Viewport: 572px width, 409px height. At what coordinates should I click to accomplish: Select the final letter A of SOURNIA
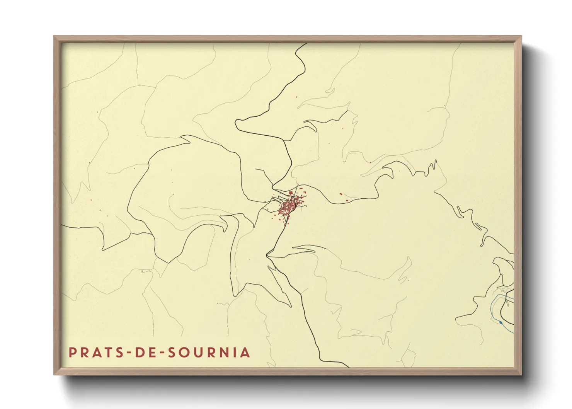[245, 352]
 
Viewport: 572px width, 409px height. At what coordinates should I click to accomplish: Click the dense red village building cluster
[288, 207]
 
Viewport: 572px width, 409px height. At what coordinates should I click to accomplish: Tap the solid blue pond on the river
[501, 322]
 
